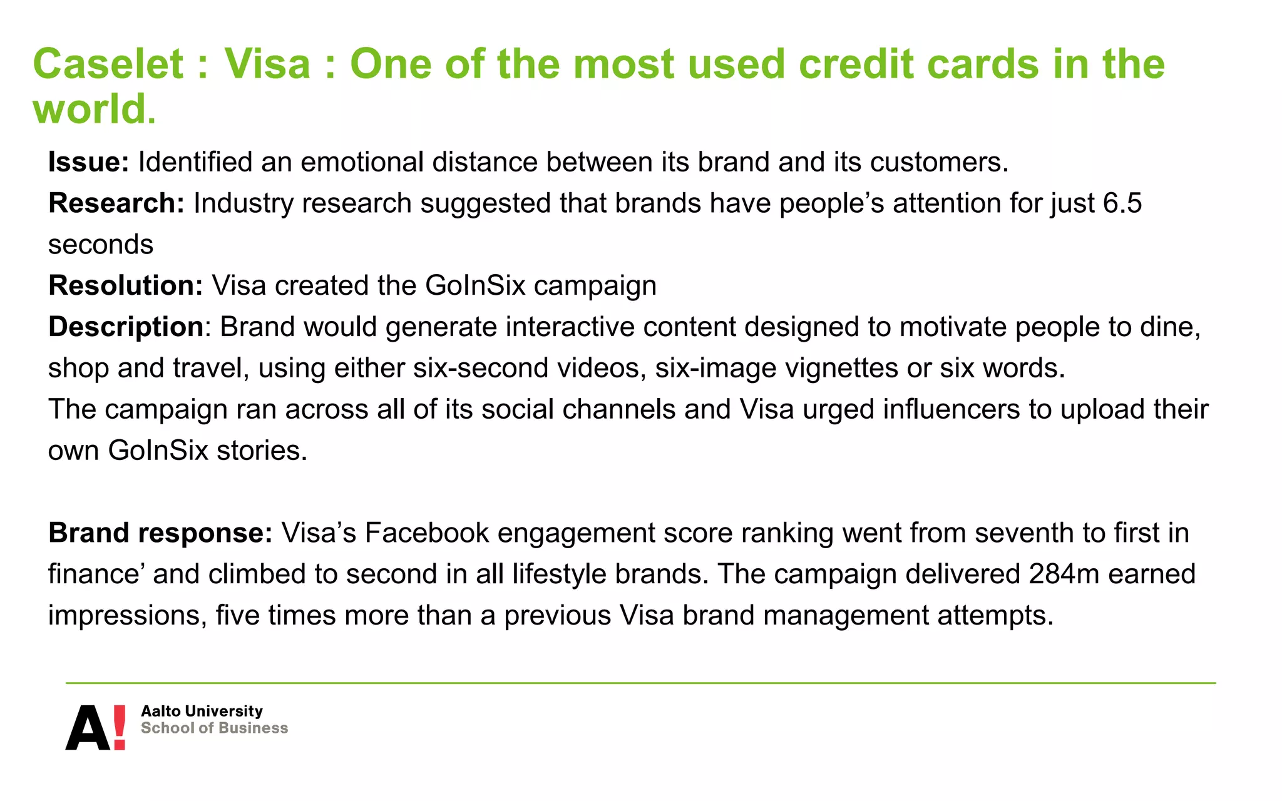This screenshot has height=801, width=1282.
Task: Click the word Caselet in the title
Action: (x=108, y=64)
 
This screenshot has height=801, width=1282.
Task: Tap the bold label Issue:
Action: (x=88, y=162)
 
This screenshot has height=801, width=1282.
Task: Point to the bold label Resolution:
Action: (x=125, y=286)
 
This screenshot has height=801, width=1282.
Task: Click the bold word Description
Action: (x=125, y=327)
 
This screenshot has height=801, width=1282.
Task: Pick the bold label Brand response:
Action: (x=160, y=533)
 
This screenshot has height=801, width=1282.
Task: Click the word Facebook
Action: (x=426, y=533)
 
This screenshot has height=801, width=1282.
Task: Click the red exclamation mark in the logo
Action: (x=119, y=727)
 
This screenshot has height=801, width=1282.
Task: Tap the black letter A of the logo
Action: (x=88, y=728)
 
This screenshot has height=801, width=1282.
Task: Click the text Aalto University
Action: (x=202, y=712)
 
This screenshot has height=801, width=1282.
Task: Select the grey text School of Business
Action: (x=214, y=728)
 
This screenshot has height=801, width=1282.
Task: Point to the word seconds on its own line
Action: (x=101, y=245)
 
